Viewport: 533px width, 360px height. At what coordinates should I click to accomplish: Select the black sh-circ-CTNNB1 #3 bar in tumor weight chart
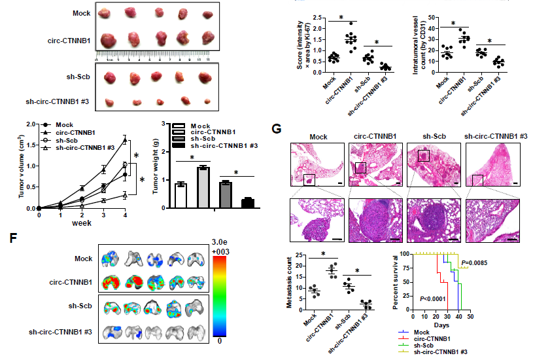247,203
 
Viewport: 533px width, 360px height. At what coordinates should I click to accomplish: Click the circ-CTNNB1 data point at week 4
125,139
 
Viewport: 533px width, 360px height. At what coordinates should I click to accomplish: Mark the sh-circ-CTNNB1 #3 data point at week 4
125,195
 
